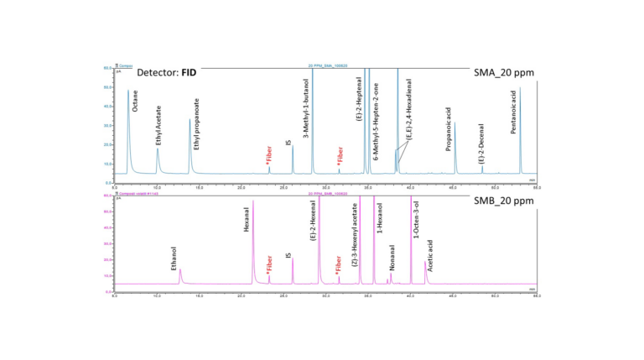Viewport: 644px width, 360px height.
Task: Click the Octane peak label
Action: click(135, 102)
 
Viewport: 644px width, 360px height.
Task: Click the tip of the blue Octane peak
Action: click(128, 90)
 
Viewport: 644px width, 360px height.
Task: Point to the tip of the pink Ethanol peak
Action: click(179, 269)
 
